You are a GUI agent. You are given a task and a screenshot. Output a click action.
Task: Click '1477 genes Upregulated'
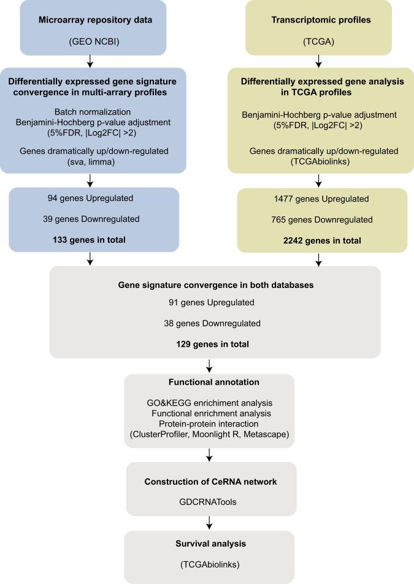pyautogui.click(x=321, y=199)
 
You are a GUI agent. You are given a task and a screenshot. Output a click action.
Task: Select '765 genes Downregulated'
pyautogui.click(x=321, y=219)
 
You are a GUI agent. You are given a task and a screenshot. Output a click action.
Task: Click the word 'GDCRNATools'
pyautogui.click(x=210, y=501)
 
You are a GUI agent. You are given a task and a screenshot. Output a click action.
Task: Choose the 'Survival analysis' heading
pyautogui.click(x=210, y=543)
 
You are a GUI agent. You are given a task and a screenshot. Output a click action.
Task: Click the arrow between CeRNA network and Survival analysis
pyautogui.click(x=210, y=522)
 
